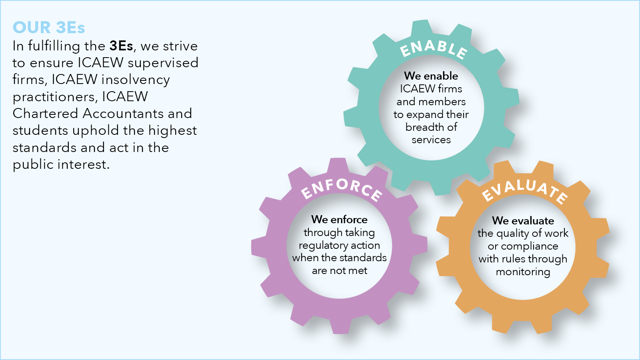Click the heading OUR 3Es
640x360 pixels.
(49, 28)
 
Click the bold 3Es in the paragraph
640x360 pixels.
(121, 46)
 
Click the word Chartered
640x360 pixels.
(45, 114)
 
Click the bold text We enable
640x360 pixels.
(431, 76)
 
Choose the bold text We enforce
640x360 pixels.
(340, 220)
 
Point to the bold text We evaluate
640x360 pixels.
(523, 221)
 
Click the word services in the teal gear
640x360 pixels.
(431, 140)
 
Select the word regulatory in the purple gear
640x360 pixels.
(319, 246)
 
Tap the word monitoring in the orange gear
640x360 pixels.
(523, 272)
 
